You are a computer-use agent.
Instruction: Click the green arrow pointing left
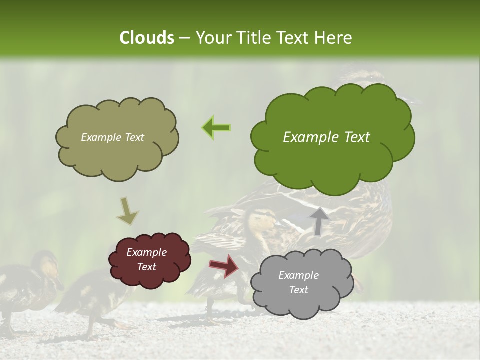[x=216, y=127]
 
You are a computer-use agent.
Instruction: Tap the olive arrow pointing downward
[x=127, y=211]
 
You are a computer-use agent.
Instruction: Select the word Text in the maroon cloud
[x=147, y=267]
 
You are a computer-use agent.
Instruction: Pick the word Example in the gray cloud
[x=298, y=275]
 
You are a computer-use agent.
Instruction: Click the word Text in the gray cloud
[x=298, y=290]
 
